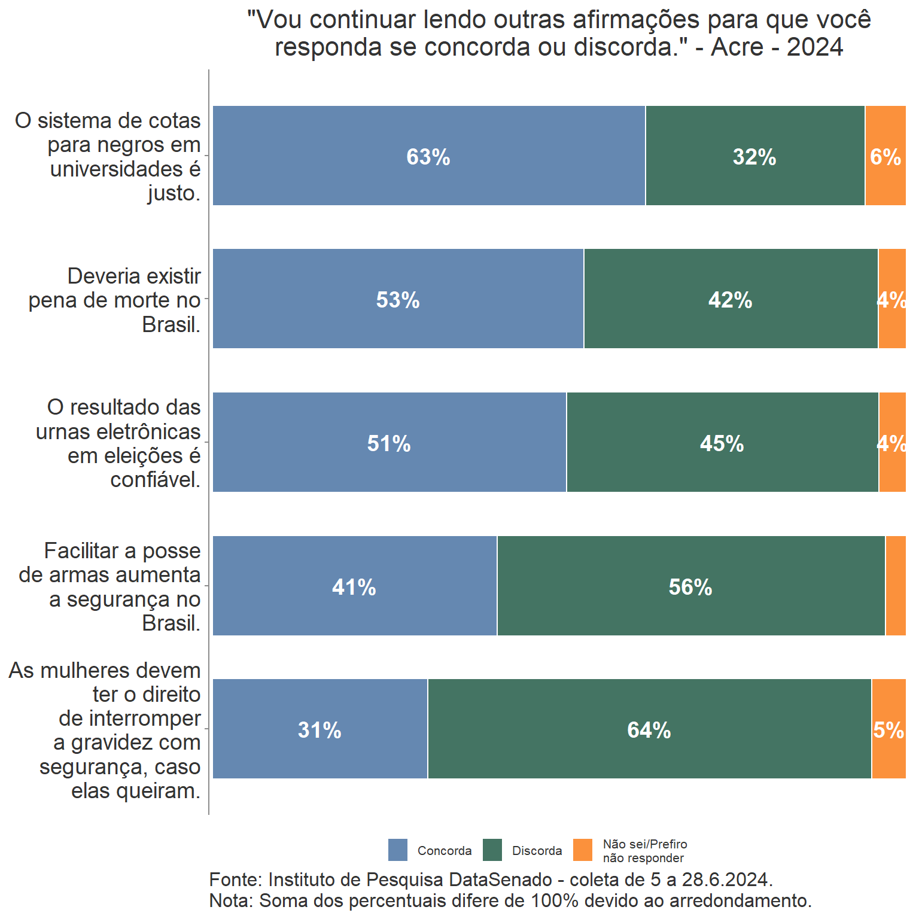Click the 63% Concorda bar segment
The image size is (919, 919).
coord(428,156)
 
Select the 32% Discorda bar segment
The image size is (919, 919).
coord(755,156)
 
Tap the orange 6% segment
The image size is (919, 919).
coord(885,156)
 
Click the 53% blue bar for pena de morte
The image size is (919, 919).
coord(398,299)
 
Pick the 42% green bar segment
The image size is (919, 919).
coord(731,299)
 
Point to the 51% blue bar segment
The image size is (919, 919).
coord(389,443)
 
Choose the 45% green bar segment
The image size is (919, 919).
coord(722,443)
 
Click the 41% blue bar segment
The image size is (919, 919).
coord(354,586)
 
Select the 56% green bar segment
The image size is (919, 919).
coord(690,586)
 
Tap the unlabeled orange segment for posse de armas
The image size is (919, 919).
coord(896,586)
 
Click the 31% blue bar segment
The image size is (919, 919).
coord(319,729)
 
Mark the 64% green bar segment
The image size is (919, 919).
coord(649,729)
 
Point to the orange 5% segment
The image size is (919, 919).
coord(889,729)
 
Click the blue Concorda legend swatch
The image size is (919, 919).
coord(398,850)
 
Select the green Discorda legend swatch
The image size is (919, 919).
coord(492,850)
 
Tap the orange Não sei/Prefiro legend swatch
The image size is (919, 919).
coord(583,850)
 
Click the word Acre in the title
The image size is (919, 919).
coord(737,47)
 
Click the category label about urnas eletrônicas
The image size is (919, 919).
coord(118,443)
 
